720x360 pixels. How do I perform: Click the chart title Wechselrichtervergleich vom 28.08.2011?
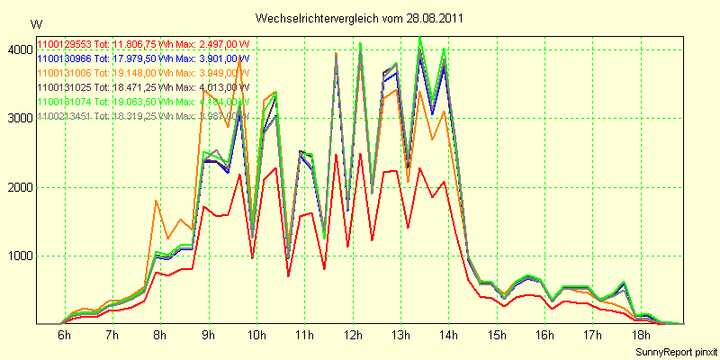(359, 18)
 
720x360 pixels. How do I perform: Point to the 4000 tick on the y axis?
(19, 50)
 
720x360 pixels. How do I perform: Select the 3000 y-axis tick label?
(19, 119)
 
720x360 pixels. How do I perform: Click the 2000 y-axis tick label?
(19, 187)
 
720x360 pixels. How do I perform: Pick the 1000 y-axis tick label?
(19, 256)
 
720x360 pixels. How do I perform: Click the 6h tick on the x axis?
(64, 336)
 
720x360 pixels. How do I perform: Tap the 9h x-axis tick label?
(208, 336)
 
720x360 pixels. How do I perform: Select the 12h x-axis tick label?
(352, 336)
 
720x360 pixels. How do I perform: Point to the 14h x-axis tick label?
(447, 336)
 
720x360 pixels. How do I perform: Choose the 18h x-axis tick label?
(639, 336)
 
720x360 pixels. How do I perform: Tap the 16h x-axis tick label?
(544, 336)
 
